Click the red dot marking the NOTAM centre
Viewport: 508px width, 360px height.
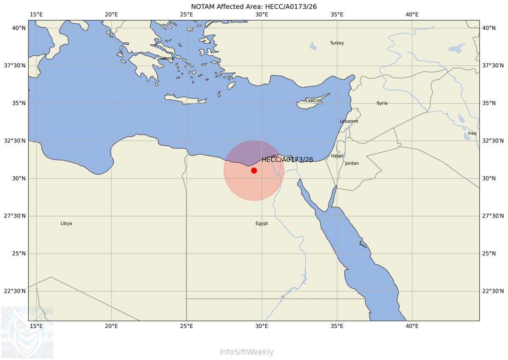[x=254, y=170]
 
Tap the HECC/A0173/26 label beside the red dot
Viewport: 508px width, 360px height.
[x=287, y=160]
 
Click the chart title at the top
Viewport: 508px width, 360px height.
[x=254, y=6]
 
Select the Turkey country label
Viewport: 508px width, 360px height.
[x=337, y=43]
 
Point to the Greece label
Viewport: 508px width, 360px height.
[x=167, y=58]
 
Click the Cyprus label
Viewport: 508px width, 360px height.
[x=313, y=100]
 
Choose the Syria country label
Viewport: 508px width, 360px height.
[x=382, y=103]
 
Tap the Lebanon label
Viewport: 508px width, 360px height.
[x=349, y=121]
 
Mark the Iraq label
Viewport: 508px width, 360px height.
[x=472, y=133]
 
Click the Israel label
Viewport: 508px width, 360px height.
[x=337, y=156]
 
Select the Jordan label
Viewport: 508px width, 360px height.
[x=352, y=163]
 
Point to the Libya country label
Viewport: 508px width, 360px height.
[x=66, y=223]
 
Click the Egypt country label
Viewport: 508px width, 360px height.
[x=262, y=223]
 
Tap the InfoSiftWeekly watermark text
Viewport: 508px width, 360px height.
[x=246, y=352]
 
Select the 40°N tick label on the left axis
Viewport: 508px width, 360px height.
[x=17, y=28]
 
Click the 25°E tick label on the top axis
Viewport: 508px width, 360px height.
[x=186, y=14]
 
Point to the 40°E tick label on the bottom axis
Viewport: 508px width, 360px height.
[x=412, y=326]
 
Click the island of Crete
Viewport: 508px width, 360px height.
[x=185, y=100]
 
